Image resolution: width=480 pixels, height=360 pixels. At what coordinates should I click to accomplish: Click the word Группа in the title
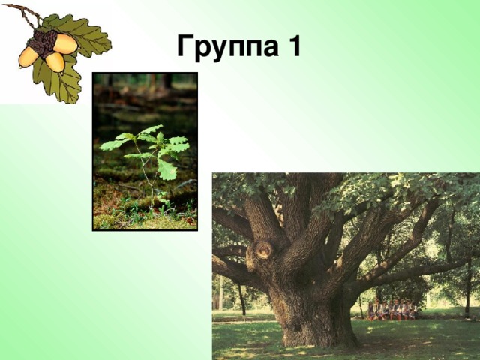[223, 47]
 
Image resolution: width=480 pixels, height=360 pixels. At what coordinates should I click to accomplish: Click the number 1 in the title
[293, 46]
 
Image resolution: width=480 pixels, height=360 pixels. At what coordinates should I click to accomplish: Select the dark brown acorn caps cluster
[44, 42]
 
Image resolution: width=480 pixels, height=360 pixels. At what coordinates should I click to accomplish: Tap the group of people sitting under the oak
[391, 309]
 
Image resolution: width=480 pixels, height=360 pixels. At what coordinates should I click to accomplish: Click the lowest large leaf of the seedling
[166, 170]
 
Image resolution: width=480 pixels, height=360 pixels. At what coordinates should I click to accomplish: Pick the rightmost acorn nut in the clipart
[66, 44]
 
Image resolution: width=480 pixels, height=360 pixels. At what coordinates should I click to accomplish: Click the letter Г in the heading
[184, 47]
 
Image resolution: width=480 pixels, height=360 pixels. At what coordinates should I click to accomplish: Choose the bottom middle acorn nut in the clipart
[54, 61]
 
